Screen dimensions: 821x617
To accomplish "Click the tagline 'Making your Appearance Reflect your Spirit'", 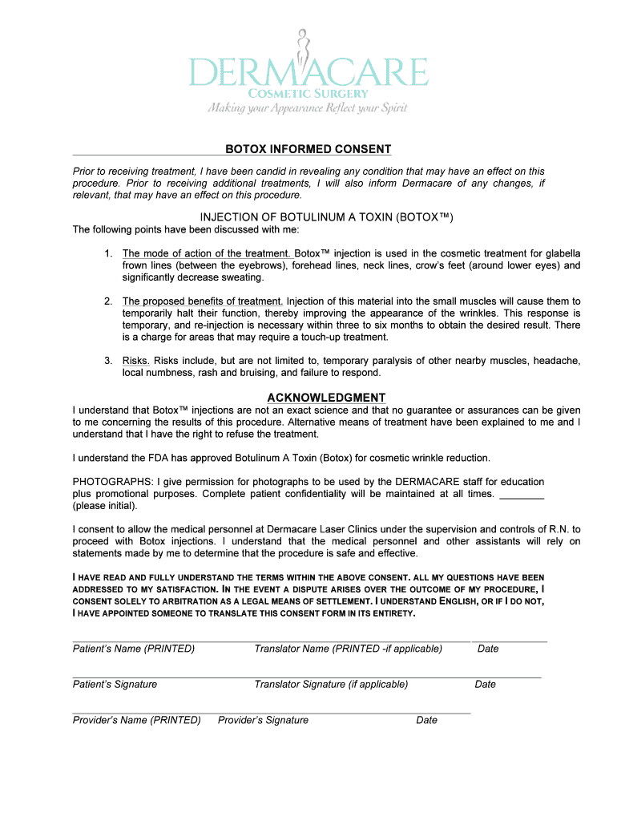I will [308, 108].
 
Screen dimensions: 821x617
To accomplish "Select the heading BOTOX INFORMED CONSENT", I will [308, 149].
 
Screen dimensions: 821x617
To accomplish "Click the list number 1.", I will [107, 253].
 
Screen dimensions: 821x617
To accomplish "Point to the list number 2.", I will [107, 301].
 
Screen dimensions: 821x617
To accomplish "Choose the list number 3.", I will [107, 361].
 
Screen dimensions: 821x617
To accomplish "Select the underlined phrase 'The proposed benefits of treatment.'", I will [203, 301].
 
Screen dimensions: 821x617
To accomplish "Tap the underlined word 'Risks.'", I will [136, 361].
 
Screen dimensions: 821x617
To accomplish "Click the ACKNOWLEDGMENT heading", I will [326, 398].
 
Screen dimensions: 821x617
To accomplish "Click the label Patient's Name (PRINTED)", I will [134, 649].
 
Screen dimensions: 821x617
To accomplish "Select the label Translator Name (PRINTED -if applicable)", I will [348, 649].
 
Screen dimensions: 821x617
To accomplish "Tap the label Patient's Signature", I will [115, 684].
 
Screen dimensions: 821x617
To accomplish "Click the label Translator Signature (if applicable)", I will [331, 684].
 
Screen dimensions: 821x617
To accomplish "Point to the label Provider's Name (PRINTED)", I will [137, 720].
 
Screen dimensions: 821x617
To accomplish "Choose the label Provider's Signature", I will [263, 720].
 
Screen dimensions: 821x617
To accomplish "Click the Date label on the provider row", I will [426, 720].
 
